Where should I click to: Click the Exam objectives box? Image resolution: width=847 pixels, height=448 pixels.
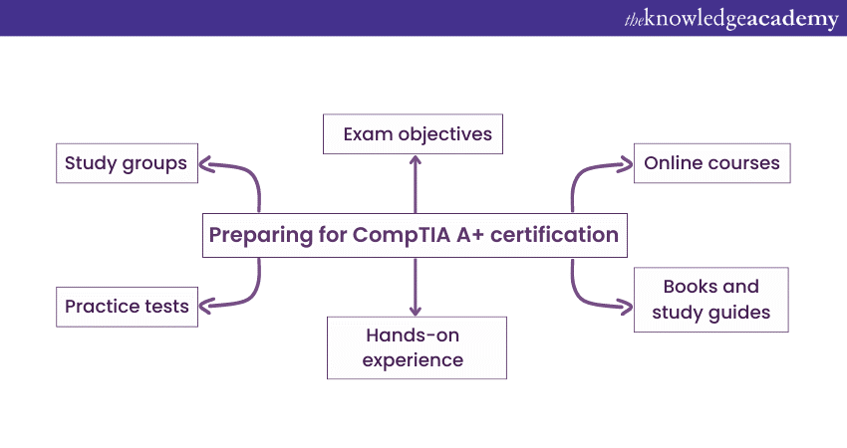click(x=414, y=133)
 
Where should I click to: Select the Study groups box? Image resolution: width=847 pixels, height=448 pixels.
click(x=126, y=163)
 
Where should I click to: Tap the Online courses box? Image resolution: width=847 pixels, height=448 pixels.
click(x=711, y=163)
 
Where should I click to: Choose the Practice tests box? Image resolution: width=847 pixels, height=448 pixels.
click(x=127, y=306)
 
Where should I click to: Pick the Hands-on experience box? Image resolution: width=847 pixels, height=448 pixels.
click(x=417, y=347)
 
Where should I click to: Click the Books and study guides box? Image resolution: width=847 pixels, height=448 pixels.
click(x=710, y=299)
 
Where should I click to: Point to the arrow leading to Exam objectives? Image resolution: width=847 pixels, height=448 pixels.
click(x=415, y=183)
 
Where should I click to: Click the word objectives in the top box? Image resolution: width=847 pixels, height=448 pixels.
click(x=445, y=133)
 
